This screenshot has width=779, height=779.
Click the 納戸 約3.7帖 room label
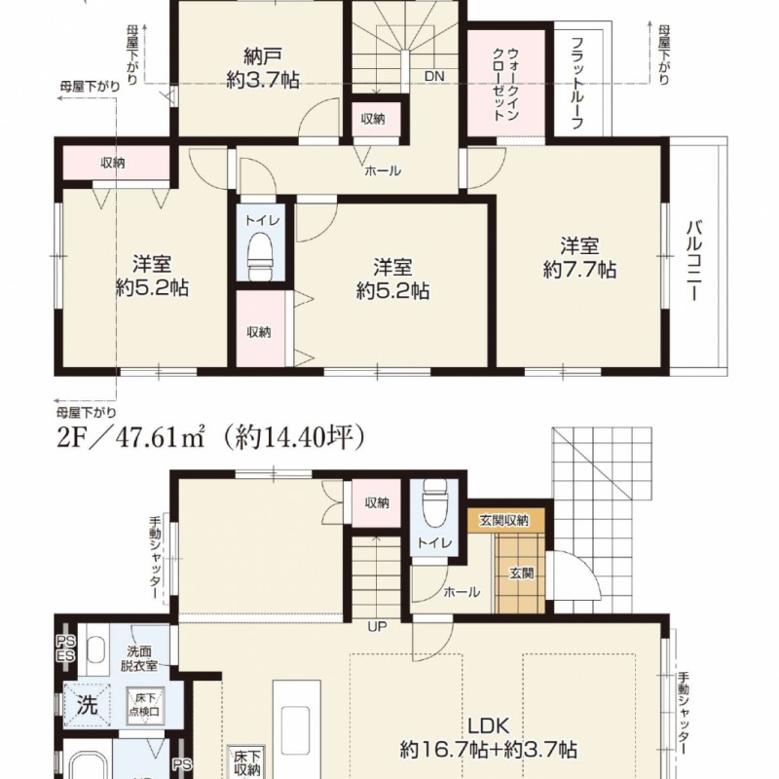coord(263,68)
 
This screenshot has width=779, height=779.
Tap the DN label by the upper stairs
coord(434,77)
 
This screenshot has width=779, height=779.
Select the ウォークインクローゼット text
coord(506,85)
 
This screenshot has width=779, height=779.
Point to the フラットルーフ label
coord(576,83)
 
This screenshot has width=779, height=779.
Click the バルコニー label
coord(694,261)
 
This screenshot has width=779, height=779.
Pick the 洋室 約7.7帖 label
coord(579,258)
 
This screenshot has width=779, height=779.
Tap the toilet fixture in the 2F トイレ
coord(261,257)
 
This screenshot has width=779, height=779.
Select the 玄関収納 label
coord(503,521)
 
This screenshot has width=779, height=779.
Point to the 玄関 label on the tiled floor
coord(521,574)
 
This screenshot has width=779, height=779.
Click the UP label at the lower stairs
coord(377,626)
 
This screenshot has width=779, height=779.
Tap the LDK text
coord(489,725)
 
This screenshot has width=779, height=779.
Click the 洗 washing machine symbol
coord(87,705)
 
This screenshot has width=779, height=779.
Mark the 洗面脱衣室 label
coord(139,658)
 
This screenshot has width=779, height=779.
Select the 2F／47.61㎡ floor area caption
coord(131,438)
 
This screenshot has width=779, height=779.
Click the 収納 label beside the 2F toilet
coord(259,332)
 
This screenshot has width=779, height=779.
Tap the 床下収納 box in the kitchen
coord(245,762)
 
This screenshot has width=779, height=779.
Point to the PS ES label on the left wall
coord(65,649)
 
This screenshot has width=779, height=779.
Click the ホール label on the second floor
coord(383,171)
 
